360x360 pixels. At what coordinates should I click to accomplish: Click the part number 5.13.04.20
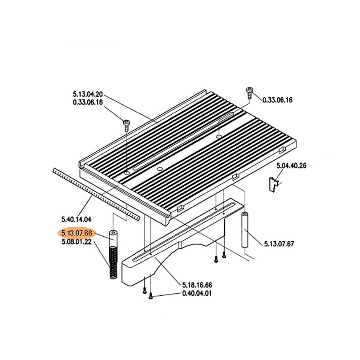[x=88, y=94]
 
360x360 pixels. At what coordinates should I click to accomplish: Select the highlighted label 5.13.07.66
[x=76, y=233]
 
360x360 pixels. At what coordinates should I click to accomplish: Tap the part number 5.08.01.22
[x=76, y=242]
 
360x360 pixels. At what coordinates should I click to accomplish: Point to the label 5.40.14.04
[x=76, y=219]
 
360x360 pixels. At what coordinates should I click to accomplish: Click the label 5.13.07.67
[x=279, y=243]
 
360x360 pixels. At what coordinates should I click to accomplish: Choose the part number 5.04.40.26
[x=291, y=166]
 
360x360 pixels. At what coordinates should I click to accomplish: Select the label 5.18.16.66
[x=197, y=285]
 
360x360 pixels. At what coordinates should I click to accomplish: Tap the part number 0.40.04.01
[x=197, y=293]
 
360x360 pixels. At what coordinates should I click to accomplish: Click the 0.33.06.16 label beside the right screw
[x=277, y=100]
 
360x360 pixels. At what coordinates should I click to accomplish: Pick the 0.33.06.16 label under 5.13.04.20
[x=88, y=102]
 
